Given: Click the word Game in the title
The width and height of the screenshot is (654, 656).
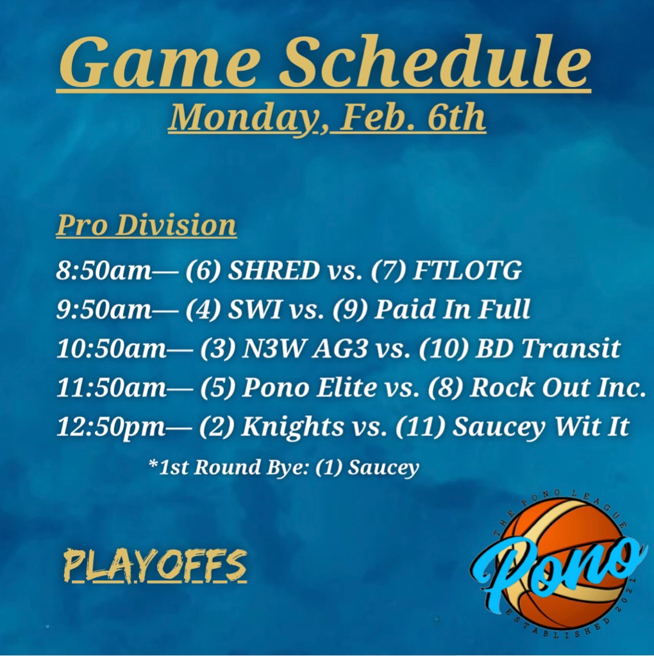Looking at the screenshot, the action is tap(158, 63).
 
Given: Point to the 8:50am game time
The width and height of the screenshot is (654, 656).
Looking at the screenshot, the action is tap(104, 270).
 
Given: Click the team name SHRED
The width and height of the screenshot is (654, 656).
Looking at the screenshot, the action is tap(273, 270).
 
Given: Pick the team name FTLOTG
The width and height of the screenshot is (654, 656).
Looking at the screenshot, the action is tap(467, 270).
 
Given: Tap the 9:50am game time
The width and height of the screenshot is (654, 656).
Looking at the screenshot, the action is tap(104, 309).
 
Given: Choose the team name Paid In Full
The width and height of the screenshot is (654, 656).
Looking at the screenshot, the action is tap(452, 309).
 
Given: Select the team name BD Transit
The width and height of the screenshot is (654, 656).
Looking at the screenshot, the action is tap(548, 348).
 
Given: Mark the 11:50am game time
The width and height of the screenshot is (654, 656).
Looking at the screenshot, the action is tap(112, 387).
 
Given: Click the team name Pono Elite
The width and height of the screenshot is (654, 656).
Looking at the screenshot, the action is tap(310, 387).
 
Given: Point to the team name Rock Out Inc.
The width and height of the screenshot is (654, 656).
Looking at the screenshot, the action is tap(558, 387).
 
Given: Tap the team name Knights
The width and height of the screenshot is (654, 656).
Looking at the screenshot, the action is tap(292, 427).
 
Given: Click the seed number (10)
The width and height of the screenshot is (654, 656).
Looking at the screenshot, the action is tap(444, 348).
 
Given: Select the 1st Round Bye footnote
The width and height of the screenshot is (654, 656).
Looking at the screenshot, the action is tap(283, 467).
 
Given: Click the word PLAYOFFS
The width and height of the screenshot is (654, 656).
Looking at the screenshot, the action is tap(155, 566).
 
